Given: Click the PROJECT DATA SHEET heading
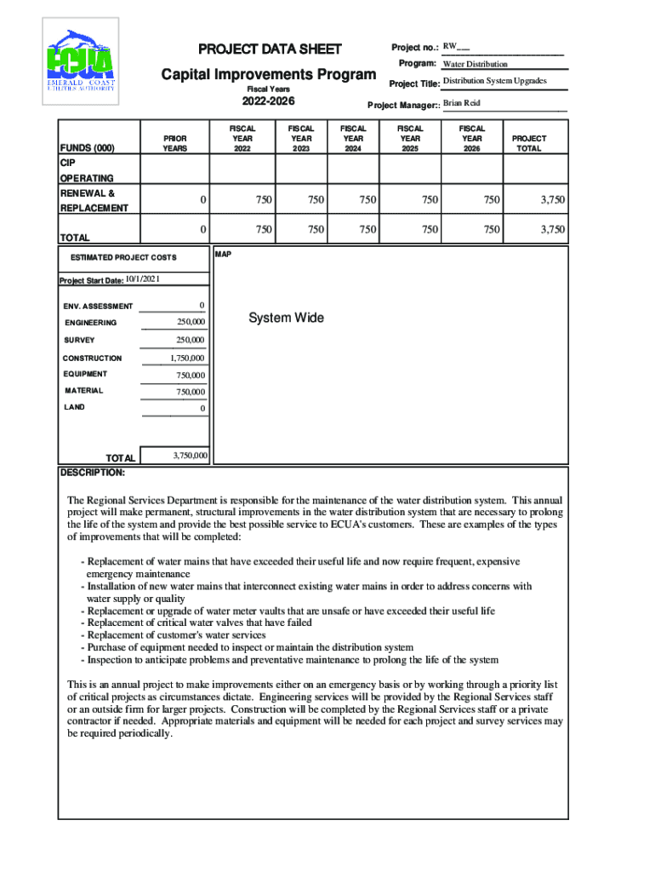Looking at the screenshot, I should pyautogui.click(x=270, y=49).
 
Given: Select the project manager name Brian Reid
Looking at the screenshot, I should pyautogui.click(x=462, y=103).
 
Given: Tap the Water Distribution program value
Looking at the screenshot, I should pyautogui.click(x=475, y=64).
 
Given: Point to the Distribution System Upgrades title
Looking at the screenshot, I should pyautogui.click(x=494, y=81).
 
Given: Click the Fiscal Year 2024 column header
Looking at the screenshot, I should pyautogui.click(x=353, y=138).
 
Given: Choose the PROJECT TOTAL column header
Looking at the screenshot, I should pyautogui.click(x=529, y=143).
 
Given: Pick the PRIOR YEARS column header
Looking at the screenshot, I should pyautogui.click(x=174, y=143).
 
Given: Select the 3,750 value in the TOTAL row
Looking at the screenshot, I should pyautogui.click(x=552, y=229).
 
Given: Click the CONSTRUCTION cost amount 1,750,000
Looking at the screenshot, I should pyautogui.click(x=186, y=359).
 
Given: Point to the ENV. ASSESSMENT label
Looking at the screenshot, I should pyautogui.click(x=98, y=307).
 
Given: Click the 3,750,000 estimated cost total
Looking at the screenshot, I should pyautogui.click(x=190, y=456).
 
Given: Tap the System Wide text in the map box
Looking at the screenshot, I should pyautogui.click(x=286, y=318).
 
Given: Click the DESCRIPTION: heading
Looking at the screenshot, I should pyautogui.click(x=92, y=472).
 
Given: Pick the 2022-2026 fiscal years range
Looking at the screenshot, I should pyautogui.click(x=269, y=103).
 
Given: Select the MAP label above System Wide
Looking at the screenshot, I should pyautogui.click(x=223, y=254).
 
